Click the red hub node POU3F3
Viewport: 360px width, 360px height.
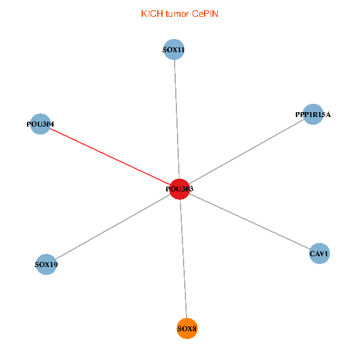[179, 189]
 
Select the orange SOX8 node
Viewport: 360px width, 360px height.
[187, 328]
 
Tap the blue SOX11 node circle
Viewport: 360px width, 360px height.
[173, 50]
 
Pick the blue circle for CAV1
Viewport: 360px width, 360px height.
[319, 254]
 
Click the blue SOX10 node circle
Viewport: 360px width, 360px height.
[46, 264]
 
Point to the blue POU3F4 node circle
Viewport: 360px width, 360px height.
[40, 124]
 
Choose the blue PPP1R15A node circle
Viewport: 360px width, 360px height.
[313, 114]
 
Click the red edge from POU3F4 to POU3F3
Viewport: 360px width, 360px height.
[108, 156]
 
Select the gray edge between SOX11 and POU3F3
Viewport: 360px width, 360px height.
[176, 120]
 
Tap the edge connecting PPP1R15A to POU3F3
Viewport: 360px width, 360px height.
[246, 151]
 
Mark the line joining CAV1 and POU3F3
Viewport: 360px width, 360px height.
[249, 221]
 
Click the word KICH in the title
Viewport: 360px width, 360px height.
[152, 13]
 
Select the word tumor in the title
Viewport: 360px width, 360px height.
[178, 13]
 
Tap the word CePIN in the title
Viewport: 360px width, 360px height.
[206, 13]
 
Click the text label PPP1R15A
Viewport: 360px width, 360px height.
[313, 114]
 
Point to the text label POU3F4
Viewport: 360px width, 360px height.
[40, 124]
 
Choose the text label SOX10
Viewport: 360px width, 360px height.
[46, 264]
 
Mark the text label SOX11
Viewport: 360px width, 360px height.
[173, 50]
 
